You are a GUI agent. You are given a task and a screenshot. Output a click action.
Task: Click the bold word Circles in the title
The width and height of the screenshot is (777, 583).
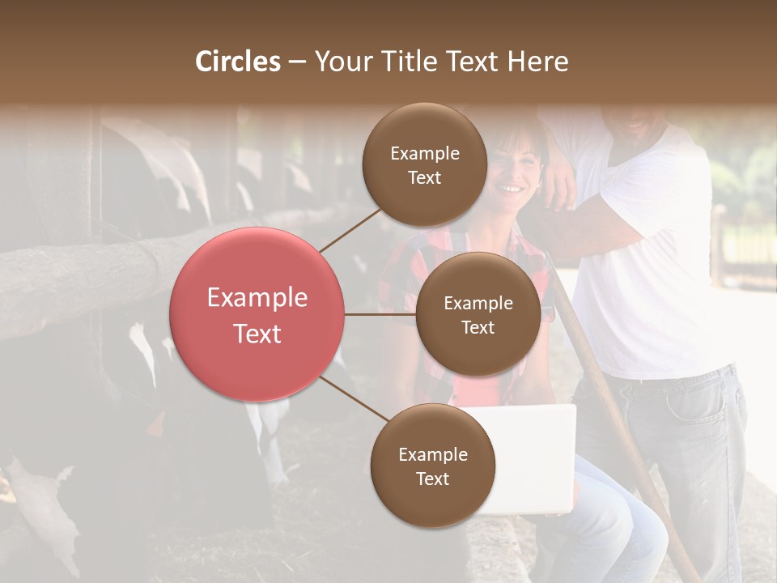[238, 62]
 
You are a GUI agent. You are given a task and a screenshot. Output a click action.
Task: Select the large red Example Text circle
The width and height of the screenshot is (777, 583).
[257, 314]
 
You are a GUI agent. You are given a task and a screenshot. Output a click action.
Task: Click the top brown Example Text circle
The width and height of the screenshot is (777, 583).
[425, 165]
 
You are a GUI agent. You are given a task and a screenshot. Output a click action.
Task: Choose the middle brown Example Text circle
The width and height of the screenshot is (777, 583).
[478, 314]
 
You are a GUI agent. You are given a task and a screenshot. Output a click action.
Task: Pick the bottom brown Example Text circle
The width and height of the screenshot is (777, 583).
[432, 466]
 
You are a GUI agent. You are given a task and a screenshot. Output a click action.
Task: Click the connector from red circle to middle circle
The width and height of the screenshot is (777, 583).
[380, 314]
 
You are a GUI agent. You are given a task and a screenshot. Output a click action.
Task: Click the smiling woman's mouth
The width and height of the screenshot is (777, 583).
[509, 189]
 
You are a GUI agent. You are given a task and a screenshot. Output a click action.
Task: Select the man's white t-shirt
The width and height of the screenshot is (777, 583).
[647, 267]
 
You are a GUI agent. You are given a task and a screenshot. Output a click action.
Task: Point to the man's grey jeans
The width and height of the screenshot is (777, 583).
[688, 453]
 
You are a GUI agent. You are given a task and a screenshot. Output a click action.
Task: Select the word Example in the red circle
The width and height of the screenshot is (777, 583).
[257, 298]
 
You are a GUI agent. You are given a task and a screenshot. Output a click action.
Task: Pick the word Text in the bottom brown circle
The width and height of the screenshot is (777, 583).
[432, 479]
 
